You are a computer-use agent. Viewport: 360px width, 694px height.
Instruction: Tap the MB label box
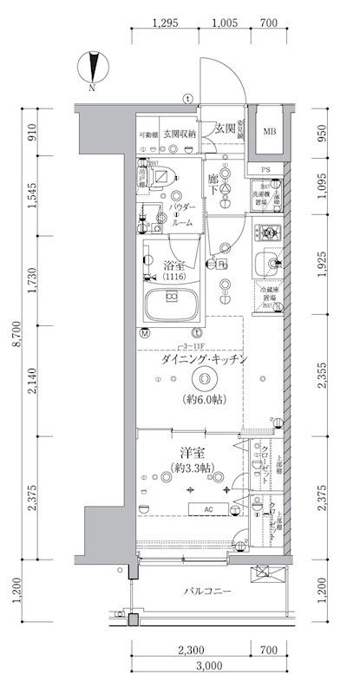click(x=270, y=132)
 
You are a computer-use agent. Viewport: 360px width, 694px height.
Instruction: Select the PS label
click(x=265, y=169)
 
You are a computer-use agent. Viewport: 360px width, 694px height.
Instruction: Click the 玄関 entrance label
click(x=226, y=128)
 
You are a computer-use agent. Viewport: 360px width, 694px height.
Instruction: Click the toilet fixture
click(x=161, y=176)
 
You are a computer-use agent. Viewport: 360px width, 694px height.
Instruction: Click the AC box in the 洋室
click(x=208, y=508)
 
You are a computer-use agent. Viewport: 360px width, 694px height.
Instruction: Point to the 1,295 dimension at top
click(x=163, y=23)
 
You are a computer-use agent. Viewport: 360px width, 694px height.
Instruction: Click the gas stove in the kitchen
click(x=268, y=232)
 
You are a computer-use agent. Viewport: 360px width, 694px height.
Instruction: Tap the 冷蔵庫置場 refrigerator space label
click(x=268, y=295)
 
